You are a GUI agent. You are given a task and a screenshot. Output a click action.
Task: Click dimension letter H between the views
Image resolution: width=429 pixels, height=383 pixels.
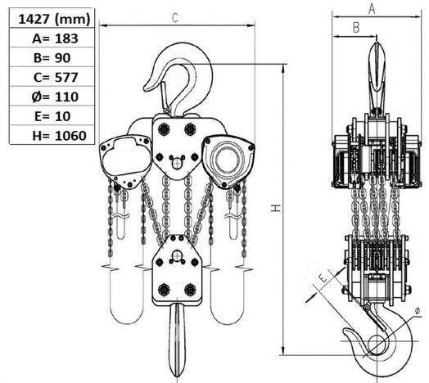pyautogui.click(x=277, y=209)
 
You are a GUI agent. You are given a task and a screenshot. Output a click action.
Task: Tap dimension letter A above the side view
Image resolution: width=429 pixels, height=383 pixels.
pyautogui.click(x=371, y=8)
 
